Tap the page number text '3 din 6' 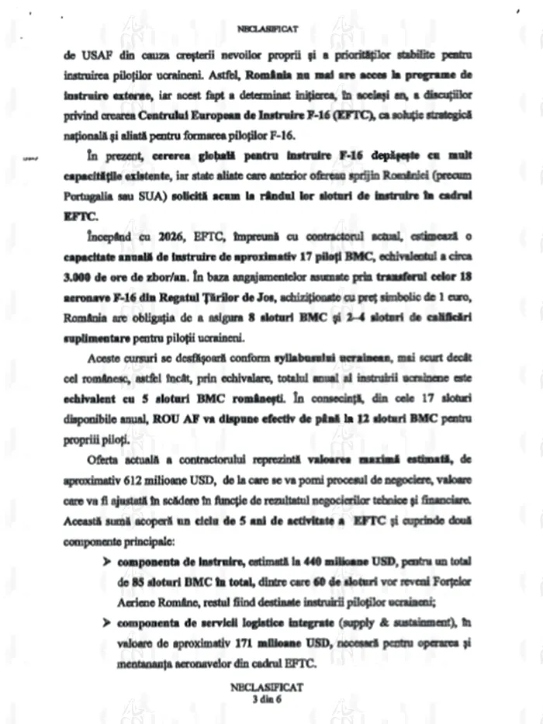[271, 698]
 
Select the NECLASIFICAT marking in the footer [271, 688]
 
